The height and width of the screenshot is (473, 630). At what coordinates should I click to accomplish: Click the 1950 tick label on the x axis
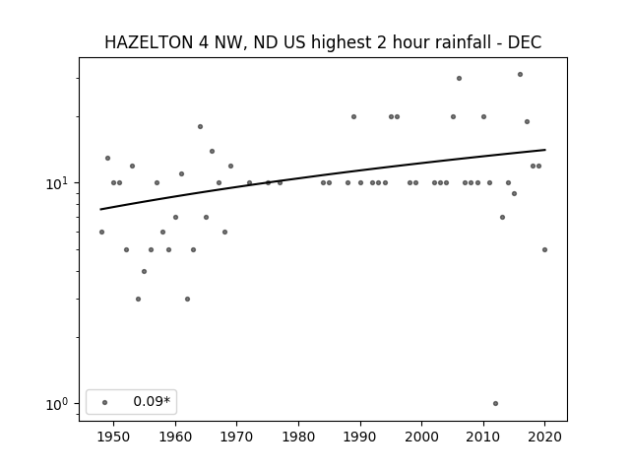point(114,437)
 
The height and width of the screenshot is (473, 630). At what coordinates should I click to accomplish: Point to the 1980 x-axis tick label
point(298,437)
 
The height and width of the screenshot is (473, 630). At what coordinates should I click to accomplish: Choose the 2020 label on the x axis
point(544,437)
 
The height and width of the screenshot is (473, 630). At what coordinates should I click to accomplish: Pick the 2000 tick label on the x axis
point(422,437)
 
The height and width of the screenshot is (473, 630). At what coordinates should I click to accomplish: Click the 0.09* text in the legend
point(152,401)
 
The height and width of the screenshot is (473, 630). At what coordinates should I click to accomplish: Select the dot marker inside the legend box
point(105,402)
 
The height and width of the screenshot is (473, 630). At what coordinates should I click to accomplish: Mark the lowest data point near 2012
point(495,403)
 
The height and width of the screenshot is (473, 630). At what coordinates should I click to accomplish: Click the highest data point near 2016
point(521,75)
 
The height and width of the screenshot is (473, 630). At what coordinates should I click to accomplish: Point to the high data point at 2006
point(460,79)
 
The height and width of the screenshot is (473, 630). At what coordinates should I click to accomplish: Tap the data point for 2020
point(544,249)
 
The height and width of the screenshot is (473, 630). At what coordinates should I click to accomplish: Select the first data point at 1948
point(101,233)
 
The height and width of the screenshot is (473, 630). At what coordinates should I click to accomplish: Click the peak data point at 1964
point(200,127)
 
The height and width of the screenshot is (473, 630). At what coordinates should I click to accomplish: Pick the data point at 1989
point(354,116)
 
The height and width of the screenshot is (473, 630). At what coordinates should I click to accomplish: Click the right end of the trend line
point(545,150)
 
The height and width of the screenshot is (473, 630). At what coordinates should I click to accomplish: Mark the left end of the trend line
point(100,209)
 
